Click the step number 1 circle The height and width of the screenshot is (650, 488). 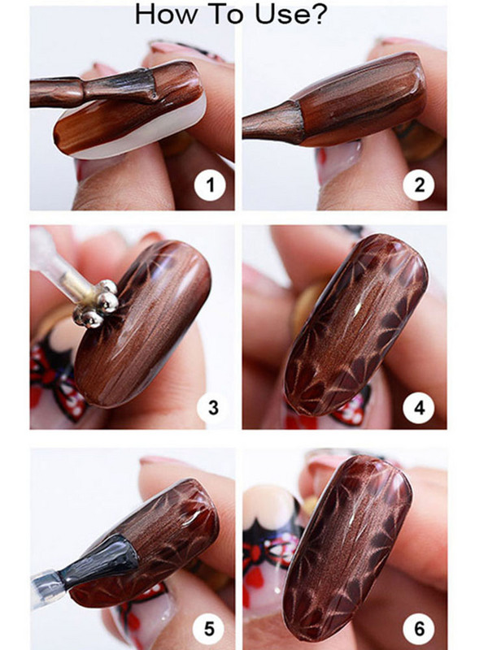(211, 186)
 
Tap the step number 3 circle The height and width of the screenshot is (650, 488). (212, 406)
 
